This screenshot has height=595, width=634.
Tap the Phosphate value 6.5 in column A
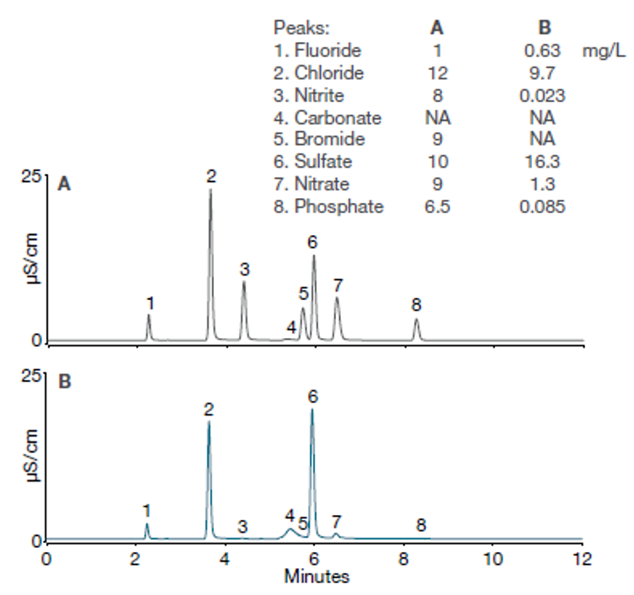(438, 206)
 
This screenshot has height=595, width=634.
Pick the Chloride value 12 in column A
(438, 74)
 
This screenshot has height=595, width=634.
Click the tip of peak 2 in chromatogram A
(210, 190)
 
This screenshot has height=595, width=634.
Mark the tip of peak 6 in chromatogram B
(312, 410)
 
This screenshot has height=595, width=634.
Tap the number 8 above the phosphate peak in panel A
(416, 304)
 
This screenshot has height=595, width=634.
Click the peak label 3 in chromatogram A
(244, 270)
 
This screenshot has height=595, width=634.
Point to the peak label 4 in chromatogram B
(290, 515)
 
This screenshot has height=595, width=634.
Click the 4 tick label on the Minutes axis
(225, 560)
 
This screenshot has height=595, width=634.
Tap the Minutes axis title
(316, 578)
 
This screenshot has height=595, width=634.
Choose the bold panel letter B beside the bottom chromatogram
(64, 381)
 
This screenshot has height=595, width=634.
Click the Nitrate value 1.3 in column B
(543, 184)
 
